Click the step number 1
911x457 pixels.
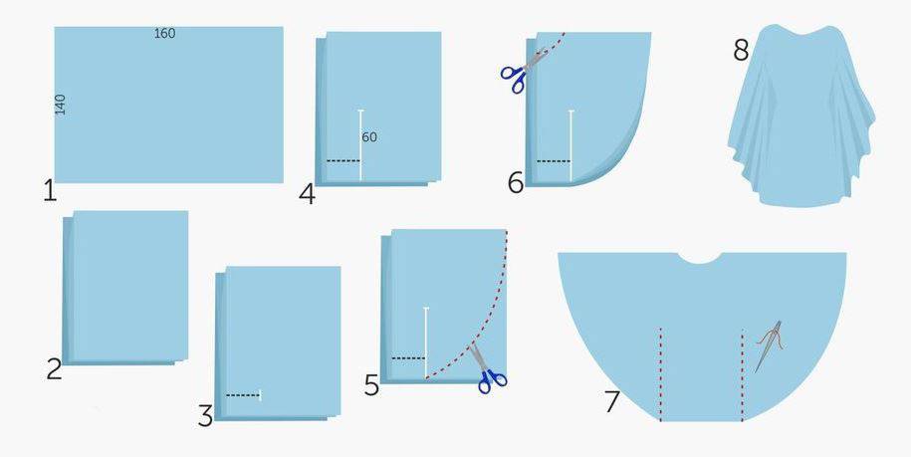point(50,190)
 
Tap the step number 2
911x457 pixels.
point(54,369)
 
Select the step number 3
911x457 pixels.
point(205,416)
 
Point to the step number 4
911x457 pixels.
point(307,194)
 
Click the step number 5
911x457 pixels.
point(371,385)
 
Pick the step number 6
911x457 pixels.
point(516,183)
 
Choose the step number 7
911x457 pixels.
point(611,402)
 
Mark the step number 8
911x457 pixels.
point(741,51)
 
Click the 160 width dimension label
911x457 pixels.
point(164,34)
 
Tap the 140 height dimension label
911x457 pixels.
point(61,105)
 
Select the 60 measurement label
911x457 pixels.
point(369,137)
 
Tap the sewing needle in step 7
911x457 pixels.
point(768,346)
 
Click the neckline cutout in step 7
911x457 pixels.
point(700,258)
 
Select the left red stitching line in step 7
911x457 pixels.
point(660,374)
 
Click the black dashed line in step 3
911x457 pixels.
point(243,395)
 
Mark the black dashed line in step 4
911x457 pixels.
point(343,161)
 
